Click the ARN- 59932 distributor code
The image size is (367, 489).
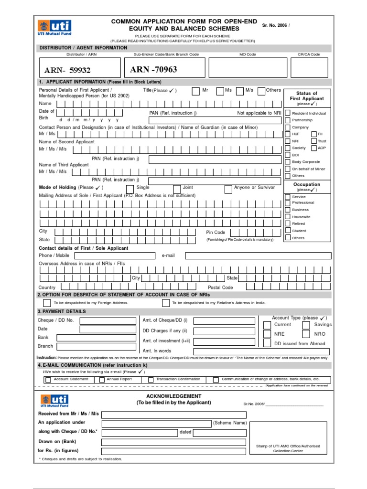(67, 71)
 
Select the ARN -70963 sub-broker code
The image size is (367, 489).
(153, 70)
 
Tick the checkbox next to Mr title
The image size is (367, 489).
(196, 91)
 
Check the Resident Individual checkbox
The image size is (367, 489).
(288, 113)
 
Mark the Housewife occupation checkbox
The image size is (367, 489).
(288, 217)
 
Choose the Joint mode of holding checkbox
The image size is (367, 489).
(177, 189)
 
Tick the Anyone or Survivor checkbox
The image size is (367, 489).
(228, 189)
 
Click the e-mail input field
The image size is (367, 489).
(258, 255)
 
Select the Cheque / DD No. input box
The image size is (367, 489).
(108, 320)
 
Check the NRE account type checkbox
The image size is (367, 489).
(267, 334)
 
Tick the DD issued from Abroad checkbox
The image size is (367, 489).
(267, 343)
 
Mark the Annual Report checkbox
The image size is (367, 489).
(102, 380)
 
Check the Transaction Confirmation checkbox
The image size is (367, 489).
(151, 380)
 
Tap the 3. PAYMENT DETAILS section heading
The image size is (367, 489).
(62, 311)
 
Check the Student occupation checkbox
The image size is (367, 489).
(288, 231)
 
